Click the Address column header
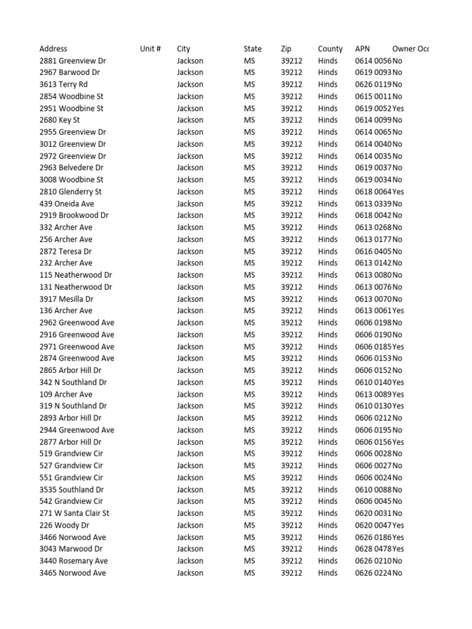[x=53, y=49]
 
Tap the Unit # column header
[x=150, y=49]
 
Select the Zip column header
[x=286, y=49]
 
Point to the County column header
[x=330, y=49]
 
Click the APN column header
[x=363, y=49]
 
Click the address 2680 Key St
[x=60, y=120]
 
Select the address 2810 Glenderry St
[x=71, y=192]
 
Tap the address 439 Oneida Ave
[x=67, y=203]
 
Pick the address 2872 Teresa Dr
[x=66, y=251]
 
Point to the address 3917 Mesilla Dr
[x=66, y=299]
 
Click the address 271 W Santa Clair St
[x=74, y=513]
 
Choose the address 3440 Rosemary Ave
[x=74, y=561]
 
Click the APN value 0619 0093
[x=373, y=72]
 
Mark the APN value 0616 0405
[x=373, y=251]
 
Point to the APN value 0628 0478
[x=373, y=549]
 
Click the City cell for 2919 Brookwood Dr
[x=190, y=216]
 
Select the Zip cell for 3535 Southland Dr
[x=291, y=490]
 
